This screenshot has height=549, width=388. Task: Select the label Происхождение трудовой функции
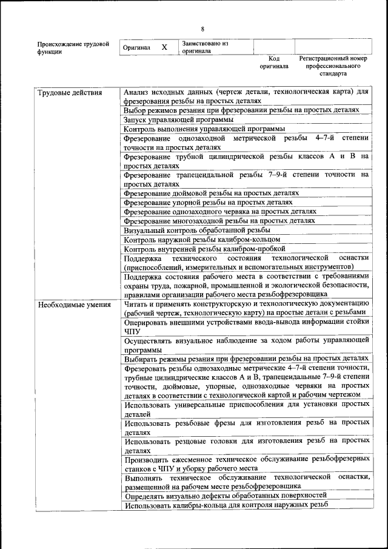pos(73,47)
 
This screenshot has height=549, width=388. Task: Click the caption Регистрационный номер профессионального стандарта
pos(333,66)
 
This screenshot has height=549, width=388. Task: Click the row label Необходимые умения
pos(74,305)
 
